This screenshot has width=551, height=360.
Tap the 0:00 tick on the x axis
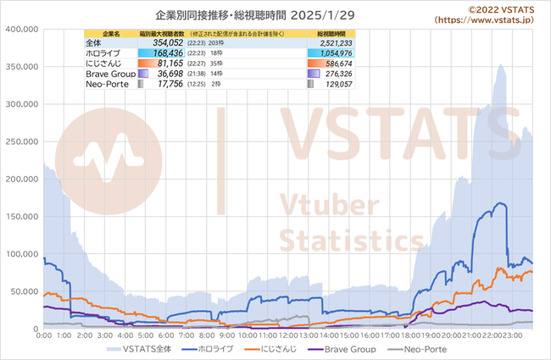(x=45, y=336)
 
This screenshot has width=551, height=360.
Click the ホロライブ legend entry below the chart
(x=212, y=349)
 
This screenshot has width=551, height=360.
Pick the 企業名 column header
(x=102, y=33)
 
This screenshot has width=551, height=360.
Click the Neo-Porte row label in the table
(x=106, y=83)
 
